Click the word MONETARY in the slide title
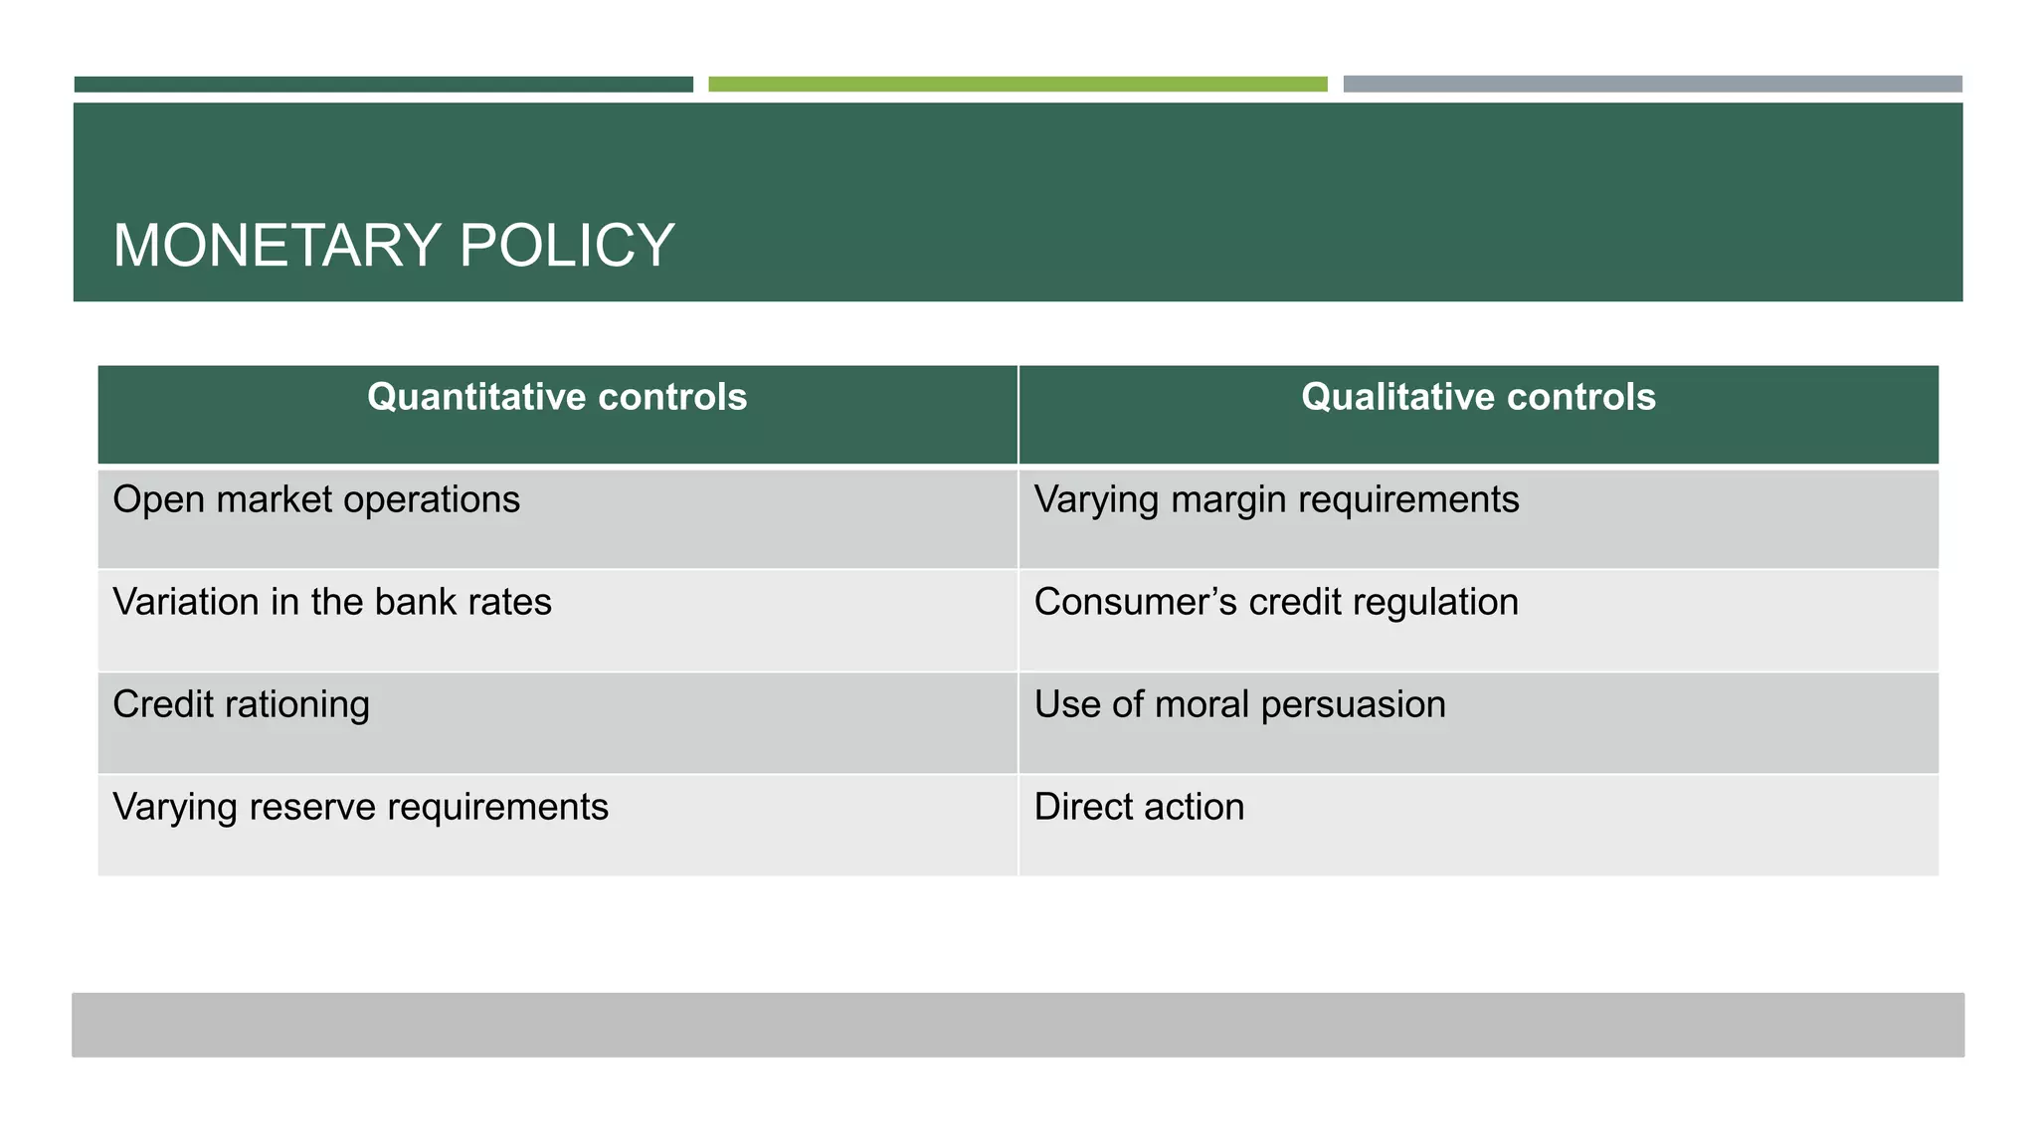pyautogui.click(x=277, y=246)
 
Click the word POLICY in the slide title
pyautogui.click(x=567, y=246)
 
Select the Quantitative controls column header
pyautogui.click(x=557, y=398)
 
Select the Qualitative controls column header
pyautogui.click(x=1478, y=398)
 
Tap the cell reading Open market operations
pyautogui.click(x=316, y=500)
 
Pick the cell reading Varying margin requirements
pyautogui.click(x=1276, y=500)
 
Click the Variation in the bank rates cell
pyautogui.click(x=332, y=603)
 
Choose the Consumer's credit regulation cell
pyautogui.click(x=1276, y=603)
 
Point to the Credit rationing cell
pyautogui.click(x=242, y=705)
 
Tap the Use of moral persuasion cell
pyautogui.click(x=1239, y=705)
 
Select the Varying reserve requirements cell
pyautogui.click(x=360, y=808)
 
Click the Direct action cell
pyautogui.click(x=1139, y=808)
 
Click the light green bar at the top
pyautogui.click(x=1018, y=85)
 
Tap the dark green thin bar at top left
pyautogui.click(x=383, y=85)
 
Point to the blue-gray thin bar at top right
pyautogui.click(x=1652, y=85)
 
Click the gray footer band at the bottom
pyautogui.click(x=1018, y=1025)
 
